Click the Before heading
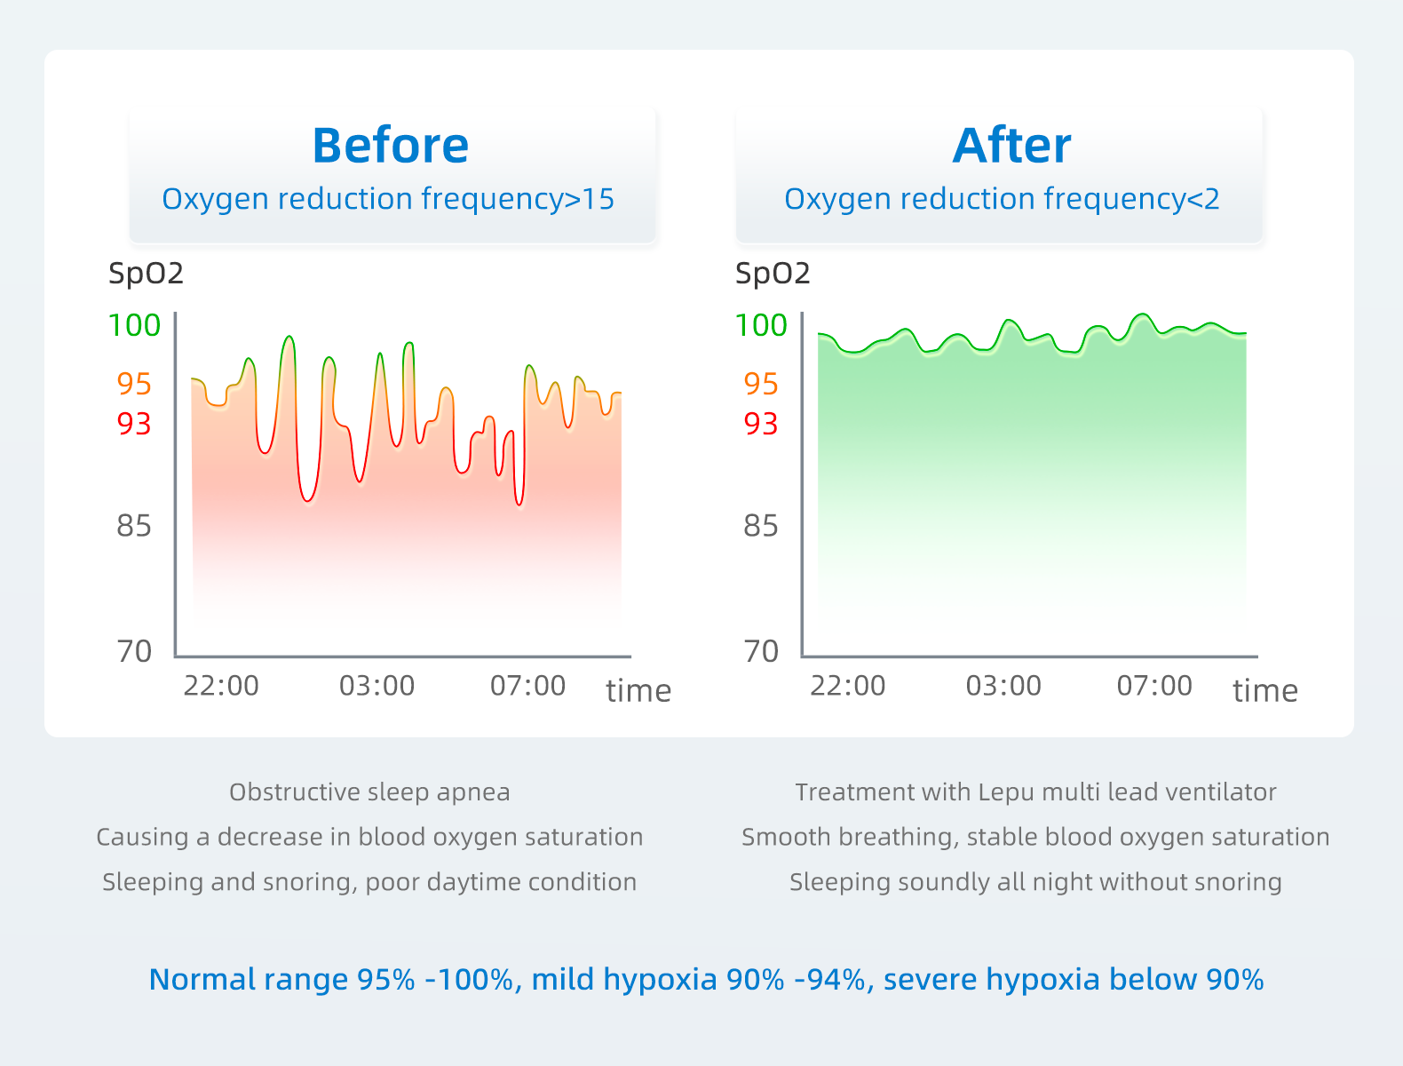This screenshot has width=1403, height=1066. (390, 146)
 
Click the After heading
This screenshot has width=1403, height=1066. (1011, 146)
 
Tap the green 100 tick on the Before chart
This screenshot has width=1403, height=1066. (134, 325)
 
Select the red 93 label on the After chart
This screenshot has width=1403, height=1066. (760, 424)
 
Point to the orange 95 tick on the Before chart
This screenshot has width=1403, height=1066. (134, 384)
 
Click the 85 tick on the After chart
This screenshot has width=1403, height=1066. (760, 526)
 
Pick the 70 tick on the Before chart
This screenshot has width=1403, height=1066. (134, 651)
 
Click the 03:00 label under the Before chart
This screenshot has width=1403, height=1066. (377, 686)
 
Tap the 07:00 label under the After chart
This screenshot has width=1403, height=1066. (1153, 686)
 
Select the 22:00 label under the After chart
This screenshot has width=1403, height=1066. (847, 686)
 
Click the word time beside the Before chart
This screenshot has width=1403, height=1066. (638, 691)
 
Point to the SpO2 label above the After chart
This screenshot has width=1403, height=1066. (773, 273)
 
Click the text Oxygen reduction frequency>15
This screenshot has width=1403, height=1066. (388, 199)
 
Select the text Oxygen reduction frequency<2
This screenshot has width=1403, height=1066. (1002, 199)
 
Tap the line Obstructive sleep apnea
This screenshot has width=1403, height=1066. (369, 792)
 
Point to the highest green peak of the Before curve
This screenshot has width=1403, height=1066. (289, 338)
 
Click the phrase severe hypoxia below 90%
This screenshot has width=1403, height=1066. (1073, 979)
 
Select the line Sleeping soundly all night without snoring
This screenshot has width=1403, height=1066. (1035, 881)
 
